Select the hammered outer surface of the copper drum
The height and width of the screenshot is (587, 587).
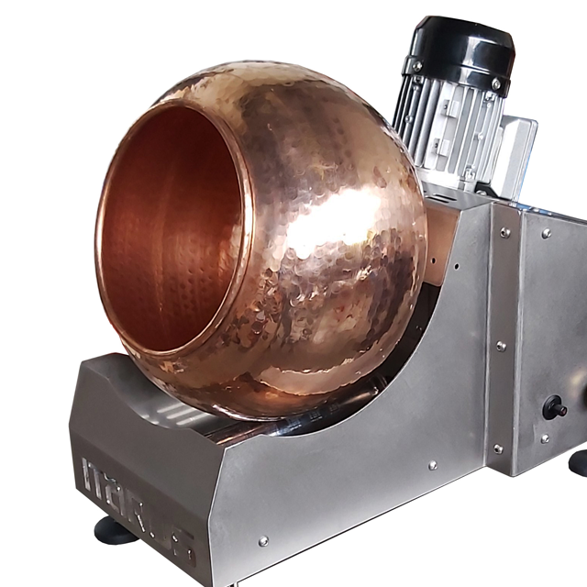pyautogui.click(x=339, y=229)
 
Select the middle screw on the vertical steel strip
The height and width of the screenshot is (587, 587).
pyautogui.click(x=500, y=346)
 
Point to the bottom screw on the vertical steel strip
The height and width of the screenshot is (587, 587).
pyautogui.click(x=497, y=449)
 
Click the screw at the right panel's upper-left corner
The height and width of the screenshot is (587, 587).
pyautogui.click(x=547, y=233)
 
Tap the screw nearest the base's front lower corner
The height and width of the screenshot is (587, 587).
pyautogui.click(x=263, y=540)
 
